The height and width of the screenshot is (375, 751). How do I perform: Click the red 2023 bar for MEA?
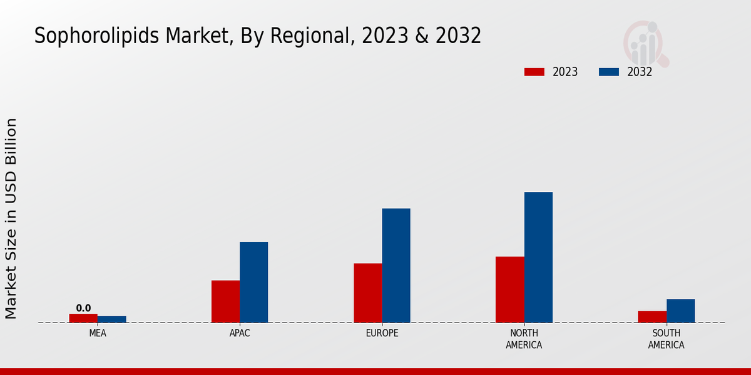(x=83, y=318)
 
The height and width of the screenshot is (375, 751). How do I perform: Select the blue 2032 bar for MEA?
(x=112, y=319)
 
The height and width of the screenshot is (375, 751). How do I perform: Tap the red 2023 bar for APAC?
(x=225, y=301)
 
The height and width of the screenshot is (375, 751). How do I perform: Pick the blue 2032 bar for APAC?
(x=254, y=282)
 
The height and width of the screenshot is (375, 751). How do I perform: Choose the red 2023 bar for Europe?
(x=368, y=292)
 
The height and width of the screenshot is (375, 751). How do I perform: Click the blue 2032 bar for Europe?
(x=396, y=265)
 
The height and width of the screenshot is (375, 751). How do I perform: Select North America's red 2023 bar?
(x=510, y=289)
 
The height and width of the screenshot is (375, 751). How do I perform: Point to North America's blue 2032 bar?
(x=538, y=257)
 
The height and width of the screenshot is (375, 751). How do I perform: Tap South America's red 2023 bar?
(x=652, y=317)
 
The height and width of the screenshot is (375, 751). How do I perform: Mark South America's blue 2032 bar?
(x=680, y=311)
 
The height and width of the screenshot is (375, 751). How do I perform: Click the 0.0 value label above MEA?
(x=83, y=308)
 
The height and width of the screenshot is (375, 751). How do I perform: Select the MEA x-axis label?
(x=98, y=333)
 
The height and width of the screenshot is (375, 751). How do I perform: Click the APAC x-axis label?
(x=240, y=333)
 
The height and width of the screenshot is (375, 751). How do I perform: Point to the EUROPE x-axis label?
(x=382, y=333)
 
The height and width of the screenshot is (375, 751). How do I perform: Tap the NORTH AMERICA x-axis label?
(x=524, y=339)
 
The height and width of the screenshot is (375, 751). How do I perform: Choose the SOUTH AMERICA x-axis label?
(x=666, y=339)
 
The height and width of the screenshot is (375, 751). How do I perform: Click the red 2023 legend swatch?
(x=534, y=72)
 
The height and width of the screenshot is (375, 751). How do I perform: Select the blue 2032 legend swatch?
(x=609, y=72)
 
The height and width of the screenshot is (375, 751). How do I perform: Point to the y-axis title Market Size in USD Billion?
(x=11, y=218)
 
